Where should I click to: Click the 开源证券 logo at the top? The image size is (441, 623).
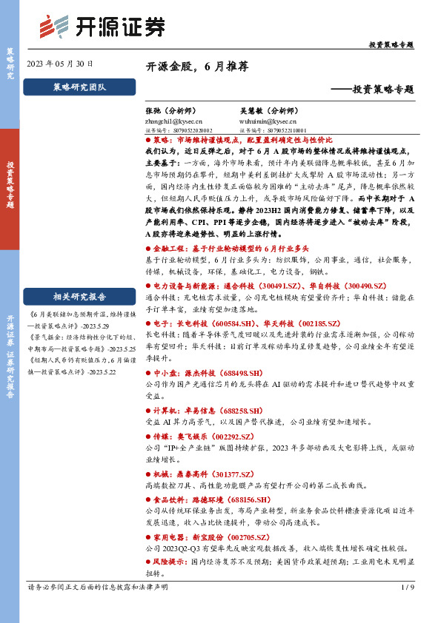click(x=101, y=28)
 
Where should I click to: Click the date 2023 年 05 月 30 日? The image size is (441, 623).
click(x=61, y=64)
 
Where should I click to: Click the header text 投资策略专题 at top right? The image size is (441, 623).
click(x=391, y=45)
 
